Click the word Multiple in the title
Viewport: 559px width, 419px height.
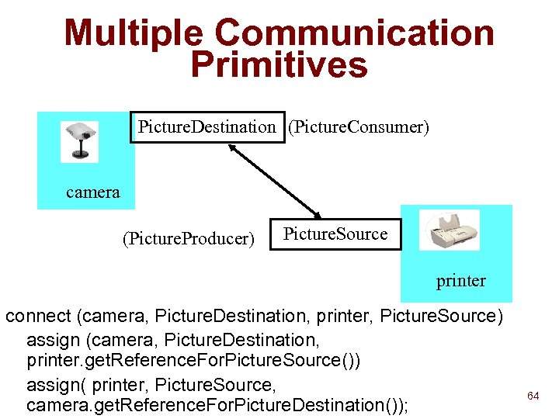click(134, 33)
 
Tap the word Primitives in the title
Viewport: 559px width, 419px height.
click(279, 66)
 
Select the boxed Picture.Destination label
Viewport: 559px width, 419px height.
click(206, 126)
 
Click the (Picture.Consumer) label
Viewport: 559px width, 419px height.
click(358, 126)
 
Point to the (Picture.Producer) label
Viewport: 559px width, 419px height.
click(188, 238)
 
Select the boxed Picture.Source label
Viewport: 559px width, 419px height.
click(335, 234)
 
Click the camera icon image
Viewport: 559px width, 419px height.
click(80, 141)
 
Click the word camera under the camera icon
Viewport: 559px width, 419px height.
click(93, 192)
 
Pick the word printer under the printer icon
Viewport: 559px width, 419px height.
click(461, 280)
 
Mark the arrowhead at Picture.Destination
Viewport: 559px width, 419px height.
click(232, 148)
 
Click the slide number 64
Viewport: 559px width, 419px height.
click(533, 396)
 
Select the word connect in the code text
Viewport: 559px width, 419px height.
click(38, 317)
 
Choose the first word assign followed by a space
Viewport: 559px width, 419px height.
click(53, 339)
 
